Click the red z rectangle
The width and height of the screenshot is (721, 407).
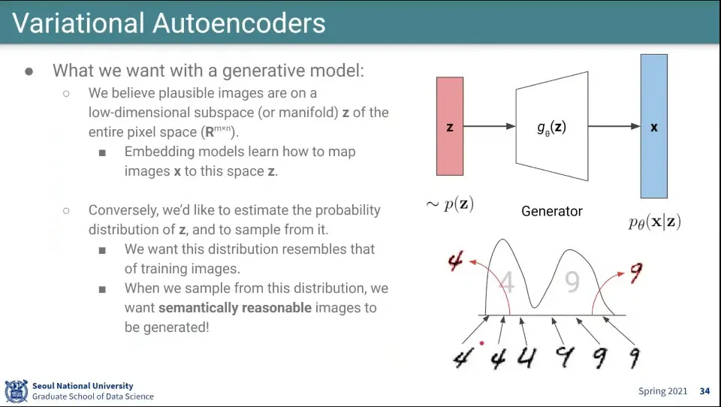coord(449,126)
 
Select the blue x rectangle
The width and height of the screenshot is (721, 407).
coord(653,126)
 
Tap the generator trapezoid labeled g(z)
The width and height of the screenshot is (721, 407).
coord(551,126)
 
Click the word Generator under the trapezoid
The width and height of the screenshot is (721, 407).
coord(551,212)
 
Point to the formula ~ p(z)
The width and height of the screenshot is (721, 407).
coord(450,204)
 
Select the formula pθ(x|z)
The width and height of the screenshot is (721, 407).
coord(654,222)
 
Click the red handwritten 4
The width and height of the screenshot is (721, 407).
coord(455,261)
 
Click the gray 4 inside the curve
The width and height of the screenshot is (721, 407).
coord(506,283)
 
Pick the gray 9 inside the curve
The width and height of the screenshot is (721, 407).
coord(572,282)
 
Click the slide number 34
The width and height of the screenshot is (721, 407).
coord(704,391)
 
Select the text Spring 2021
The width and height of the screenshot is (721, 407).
coord(662,391)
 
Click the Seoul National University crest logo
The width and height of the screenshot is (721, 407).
coord(16,391)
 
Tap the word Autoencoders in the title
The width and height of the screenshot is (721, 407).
coord(239,23)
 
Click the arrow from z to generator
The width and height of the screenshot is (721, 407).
coord(489,127)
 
